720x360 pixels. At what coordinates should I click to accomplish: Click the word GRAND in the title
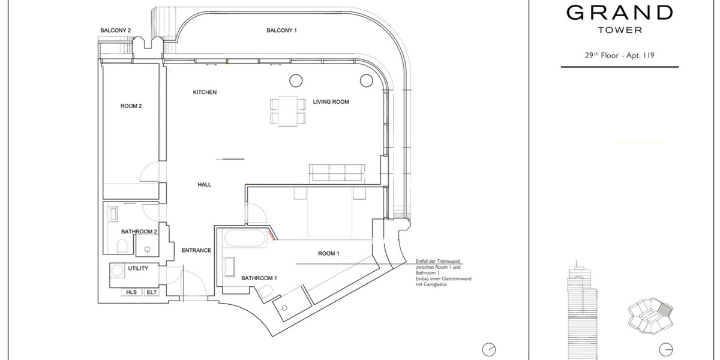620,13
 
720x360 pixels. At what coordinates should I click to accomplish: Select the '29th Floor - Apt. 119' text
619,55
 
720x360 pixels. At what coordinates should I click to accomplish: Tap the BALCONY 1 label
282,30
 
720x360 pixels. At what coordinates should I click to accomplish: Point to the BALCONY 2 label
115,30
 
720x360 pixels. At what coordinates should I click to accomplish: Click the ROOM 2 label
131,106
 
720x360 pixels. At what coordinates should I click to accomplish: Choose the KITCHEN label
205,92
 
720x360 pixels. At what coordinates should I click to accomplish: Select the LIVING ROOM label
331,102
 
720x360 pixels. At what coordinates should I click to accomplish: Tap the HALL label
204,185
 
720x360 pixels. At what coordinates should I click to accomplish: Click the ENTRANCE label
196,250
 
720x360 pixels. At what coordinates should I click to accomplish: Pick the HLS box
132,292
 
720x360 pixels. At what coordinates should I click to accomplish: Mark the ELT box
152,292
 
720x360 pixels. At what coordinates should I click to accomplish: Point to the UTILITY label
138,268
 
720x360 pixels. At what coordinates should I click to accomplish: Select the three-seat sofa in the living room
336,173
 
